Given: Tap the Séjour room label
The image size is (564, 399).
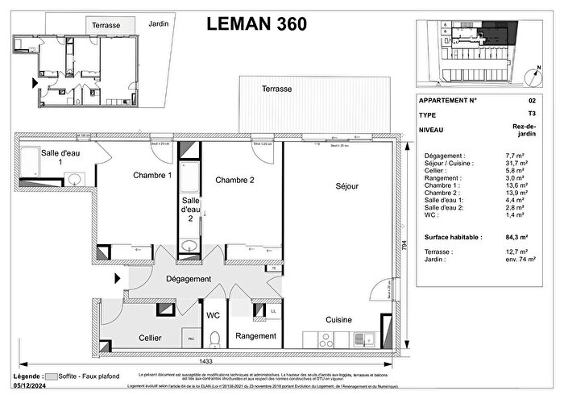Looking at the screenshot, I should pos(346,185).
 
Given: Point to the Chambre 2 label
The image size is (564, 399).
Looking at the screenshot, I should pos(235,181).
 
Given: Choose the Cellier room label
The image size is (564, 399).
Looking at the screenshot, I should pos(150,337).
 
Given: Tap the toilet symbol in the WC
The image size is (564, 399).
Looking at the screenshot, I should pos(214,337).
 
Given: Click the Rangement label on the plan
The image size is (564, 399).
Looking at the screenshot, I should pos(255,335).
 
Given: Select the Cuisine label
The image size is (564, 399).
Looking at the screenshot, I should pos(339,320).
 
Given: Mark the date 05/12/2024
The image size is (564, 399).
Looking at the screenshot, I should pos(31,384).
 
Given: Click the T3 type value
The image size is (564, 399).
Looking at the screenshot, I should pos(530,115).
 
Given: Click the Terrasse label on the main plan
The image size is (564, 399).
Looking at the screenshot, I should pos(276,89).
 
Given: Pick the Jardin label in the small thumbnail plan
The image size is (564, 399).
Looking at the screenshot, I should pos(159,24).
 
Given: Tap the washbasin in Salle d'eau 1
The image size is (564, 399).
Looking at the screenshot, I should pos(73,179).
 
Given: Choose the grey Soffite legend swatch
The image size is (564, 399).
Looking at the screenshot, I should pos(52,376).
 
